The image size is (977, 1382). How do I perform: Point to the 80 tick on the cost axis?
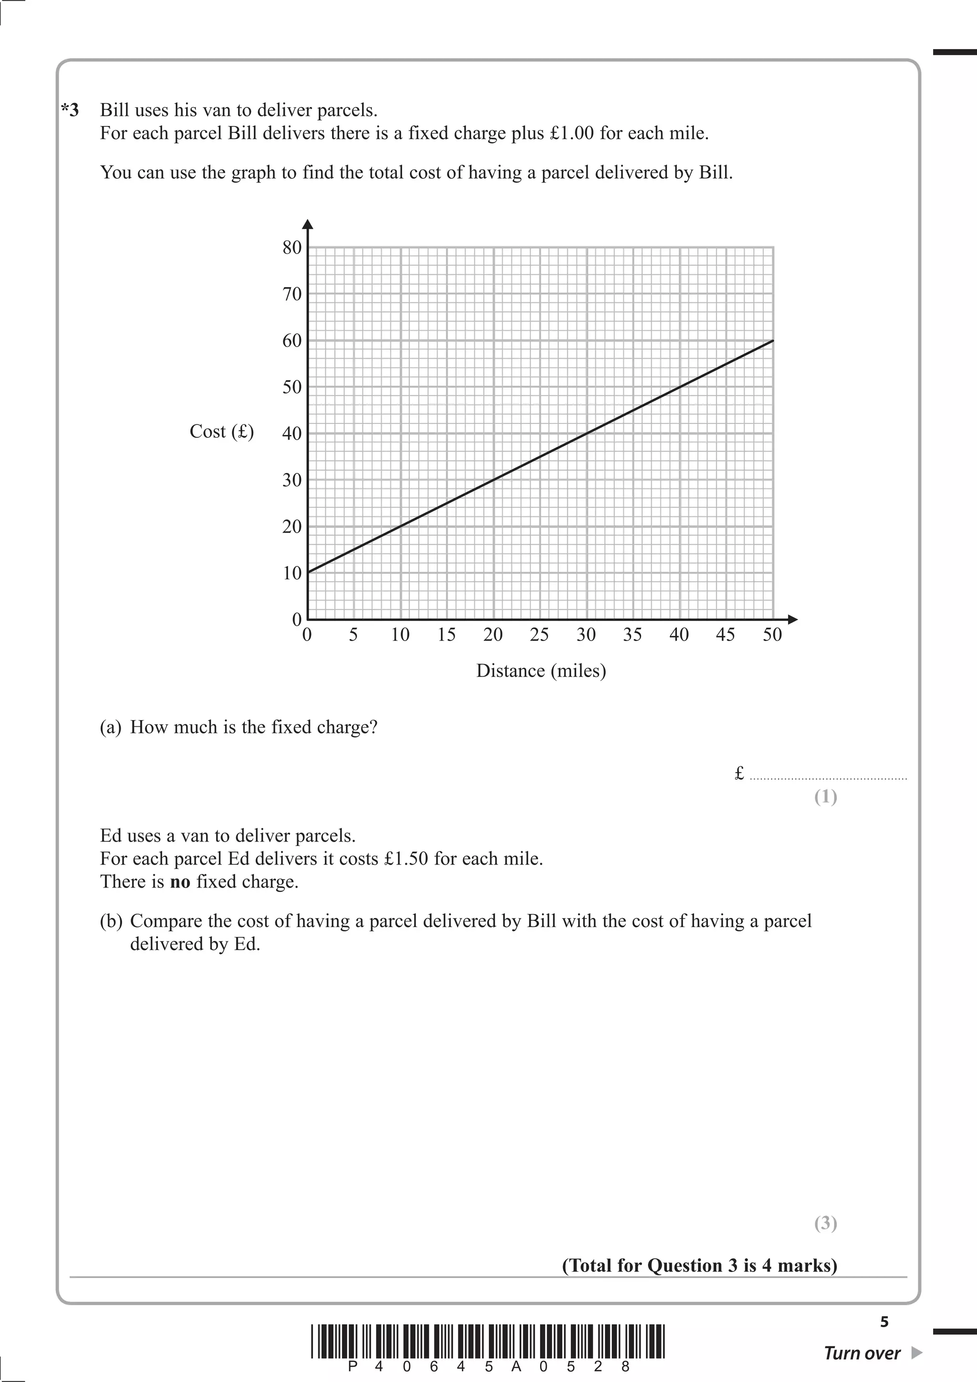pos(292,248)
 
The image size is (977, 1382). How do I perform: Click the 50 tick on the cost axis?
pos(292,387)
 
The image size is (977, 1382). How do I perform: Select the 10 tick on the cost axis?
pos(292,573)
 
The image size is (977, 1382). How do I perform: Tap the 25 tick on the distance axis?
pos(540,634)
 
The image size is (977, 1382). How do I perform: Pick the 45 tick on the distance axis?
pos(726,634)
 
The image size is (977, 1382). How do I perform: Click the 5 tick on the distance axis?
pos(353,634)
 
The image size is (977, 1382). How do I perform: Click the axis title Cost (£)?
pos(221,432)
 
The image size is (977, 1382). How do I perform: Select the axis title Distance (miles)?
pos(540,670)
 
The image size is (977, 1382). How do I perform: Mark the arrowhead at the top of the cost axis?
pos(308,225)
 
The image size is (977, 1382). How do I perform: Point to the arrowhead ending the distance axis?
pos(793,619)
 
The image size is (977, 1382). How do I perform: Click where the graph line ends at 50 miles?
pos(773,340)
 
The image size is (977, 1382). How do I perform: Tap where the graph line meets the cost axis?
pos(308,572)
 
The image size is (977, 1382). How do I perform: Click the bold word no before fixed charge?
pos(180,882)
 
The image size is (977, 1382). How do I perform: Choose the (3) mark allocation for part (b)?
pos(825,1223)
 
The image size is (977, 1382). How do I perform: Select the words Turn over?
pos(862,1353)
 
